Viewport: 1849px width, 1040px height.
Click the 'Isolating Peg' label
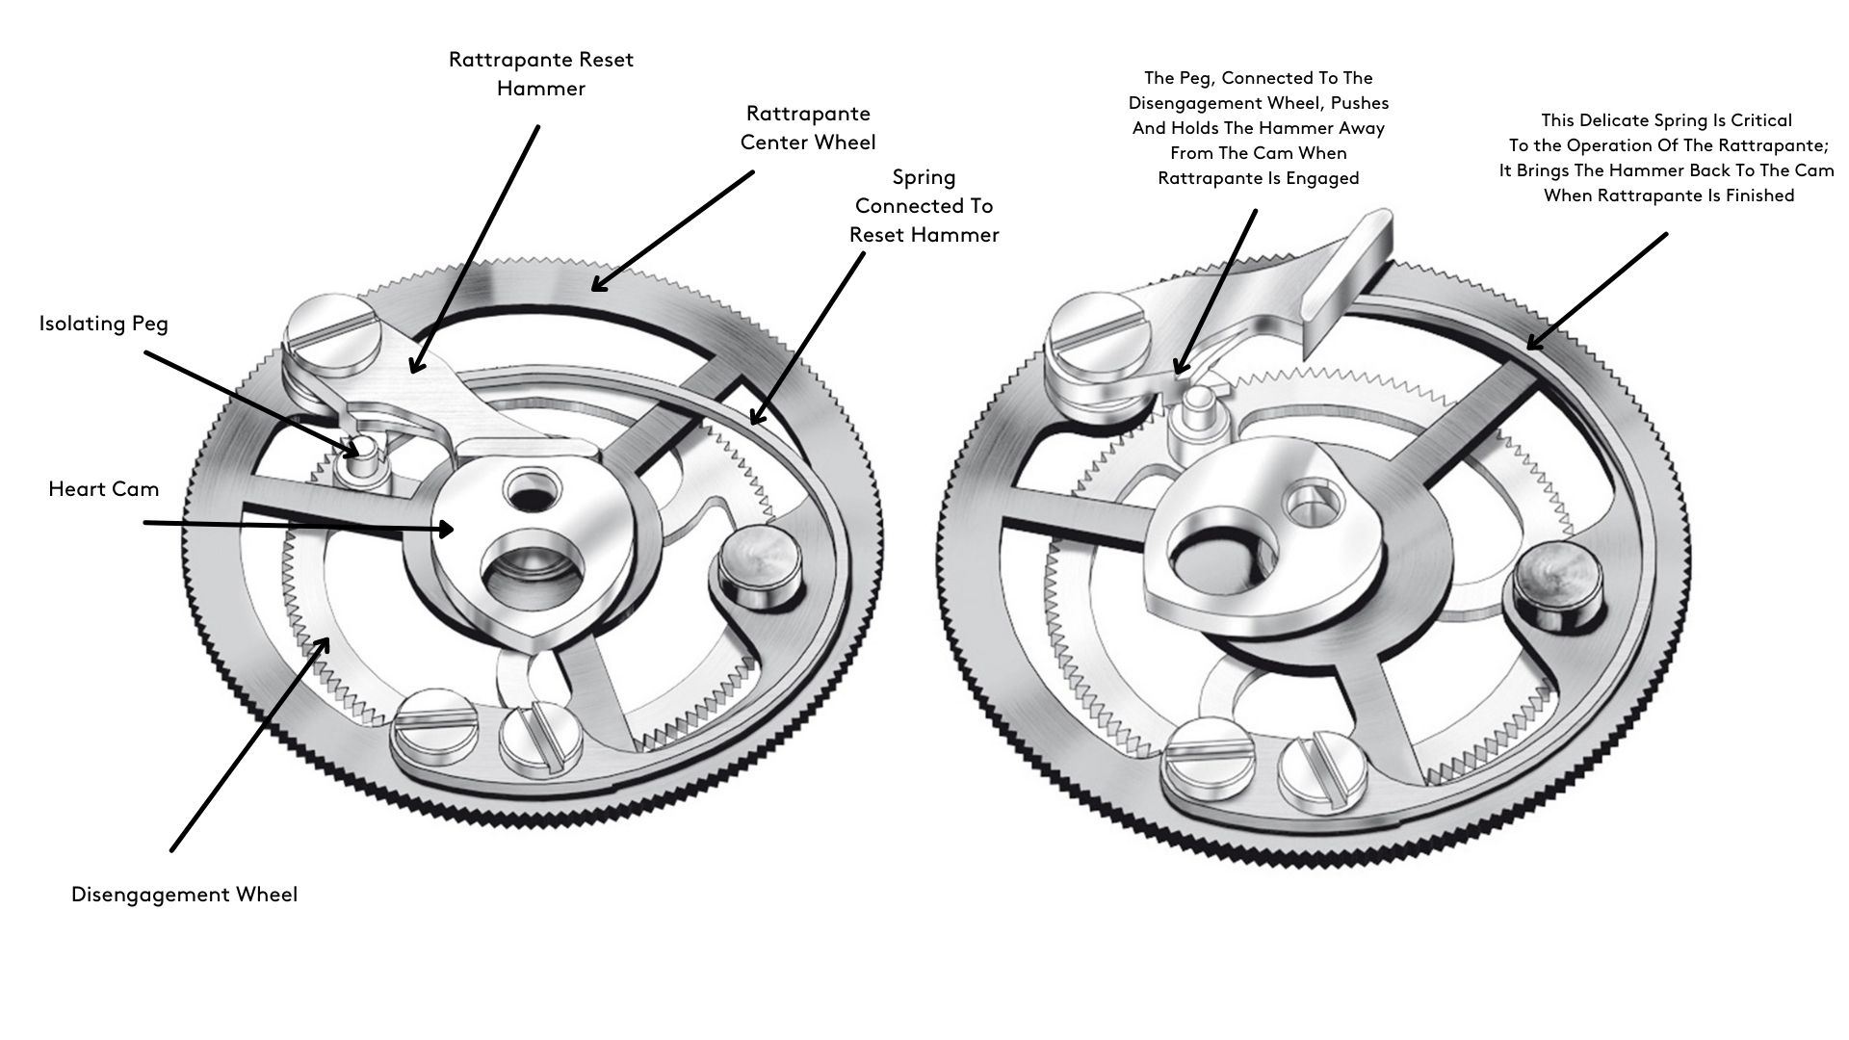tap(103, 324)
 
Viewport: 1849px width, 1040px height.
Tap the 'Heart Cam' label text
tap(103, 489)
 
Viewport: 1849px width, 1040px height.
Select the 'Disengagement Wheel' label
tap(184, 895)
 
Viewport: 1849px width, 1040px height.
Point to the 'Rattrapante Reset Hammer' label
tap(541, 74)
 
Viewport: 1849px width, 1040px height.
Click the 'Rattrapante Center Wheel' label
tap(808, 128)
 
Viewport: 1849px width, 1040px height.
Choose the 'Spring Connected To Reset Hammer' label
tap(924, 206)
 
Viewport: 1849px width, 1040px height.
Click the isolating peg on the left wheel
tap(362, 451)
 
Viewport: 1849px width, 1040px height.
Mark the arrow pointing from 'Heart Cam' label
tap(299, 526)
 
